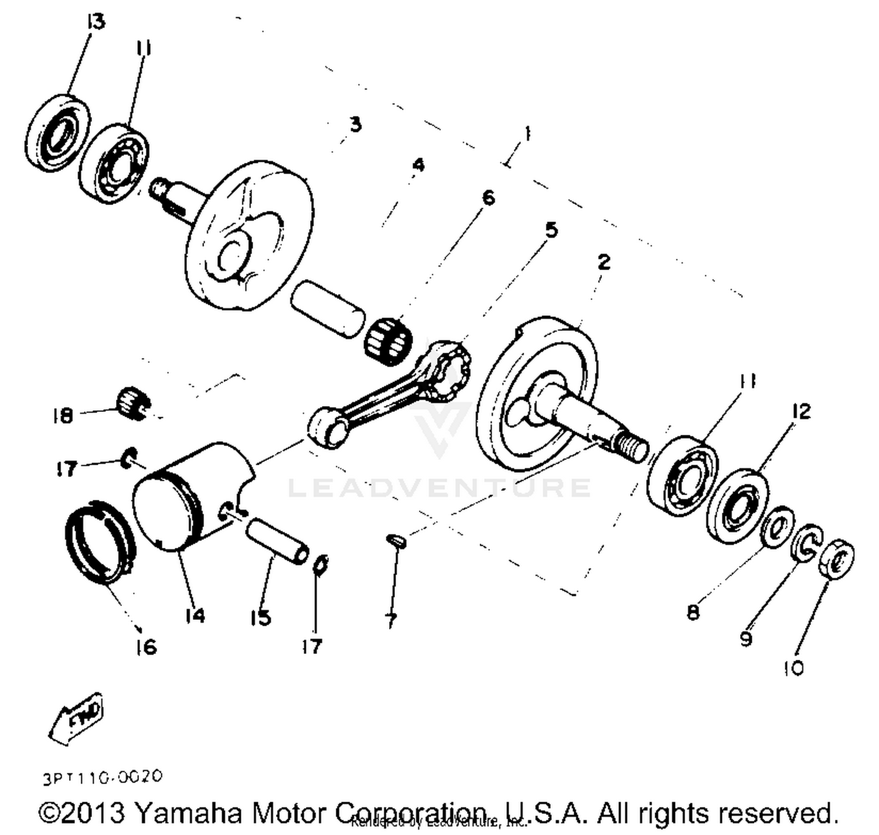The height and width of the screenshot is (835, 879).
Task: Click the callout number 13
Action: (96, 22)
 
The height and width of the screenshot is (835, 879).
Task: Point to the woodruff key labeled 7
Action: (397, 540)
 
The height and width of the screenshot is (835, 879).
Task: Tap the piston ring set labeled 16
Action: (100, 542)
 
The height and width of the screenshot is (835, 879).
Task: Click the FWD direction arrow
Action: (76, 718)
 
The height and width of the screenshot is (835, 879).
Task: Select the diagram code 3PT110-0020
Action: (103, 778)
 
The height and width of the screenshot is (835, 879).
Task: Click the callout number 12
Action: (800, 411)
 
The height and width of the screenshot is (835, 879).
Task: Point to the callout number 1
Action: (527, 134)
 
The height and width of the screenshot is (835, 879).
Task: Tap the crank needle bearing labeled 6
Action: (388, 338)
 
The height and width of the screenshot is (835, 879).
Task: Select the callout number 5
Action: (551, 230)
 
